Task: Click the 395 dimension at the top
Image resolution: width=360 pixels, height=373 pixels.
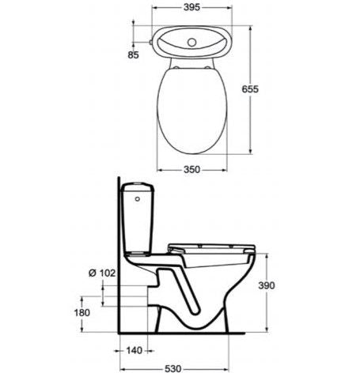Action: (191, 7)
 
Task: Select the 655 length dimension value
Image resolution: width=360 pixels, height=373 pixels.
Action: (250, 89)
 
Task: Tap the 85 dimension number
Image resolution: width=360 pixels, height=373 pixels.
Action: (133, 55)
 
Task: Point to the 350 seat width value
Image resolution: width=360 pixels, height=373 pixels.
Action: (191, 169)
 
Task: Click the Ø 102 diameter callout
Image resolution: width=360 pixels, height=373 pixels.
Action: (102, 273)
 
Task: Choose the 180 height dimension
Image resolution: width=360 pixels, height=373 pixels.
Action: (82, 313)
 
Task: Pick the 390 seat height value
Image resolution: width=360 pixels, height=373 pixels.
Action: (267, 285)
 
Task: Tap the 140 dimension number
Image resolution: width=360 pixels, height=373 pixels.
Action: (134, 351)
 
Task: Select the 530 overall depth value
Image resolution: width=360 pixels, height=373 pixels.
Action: (173, 368)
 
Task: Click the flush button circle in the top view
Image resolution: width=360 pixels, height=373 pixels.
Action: (191, 42)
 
